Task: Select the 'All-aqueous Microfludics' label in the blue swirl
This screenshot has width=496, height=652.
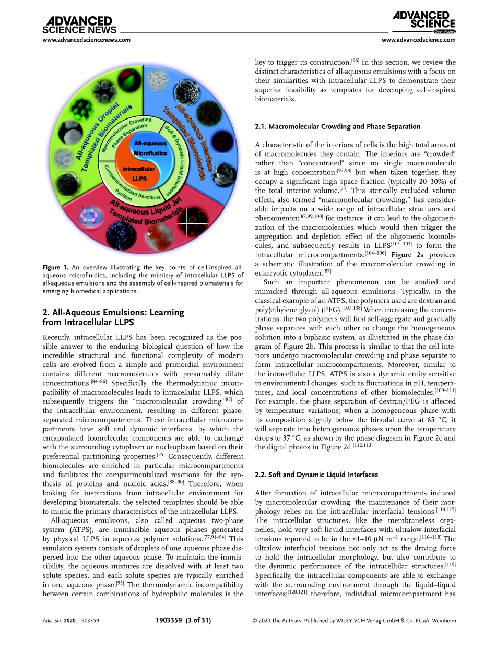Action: [x=150, y=148]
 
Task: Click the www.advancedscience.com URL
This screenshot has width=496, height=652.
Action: [x=419, y=40]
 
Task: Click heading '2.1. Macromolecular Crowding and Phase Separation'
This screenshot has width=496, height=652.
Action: [x=337, y=126]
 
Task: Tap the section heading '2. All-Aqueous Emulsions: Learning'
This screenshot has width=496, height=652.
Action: [x=113, y=312]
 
